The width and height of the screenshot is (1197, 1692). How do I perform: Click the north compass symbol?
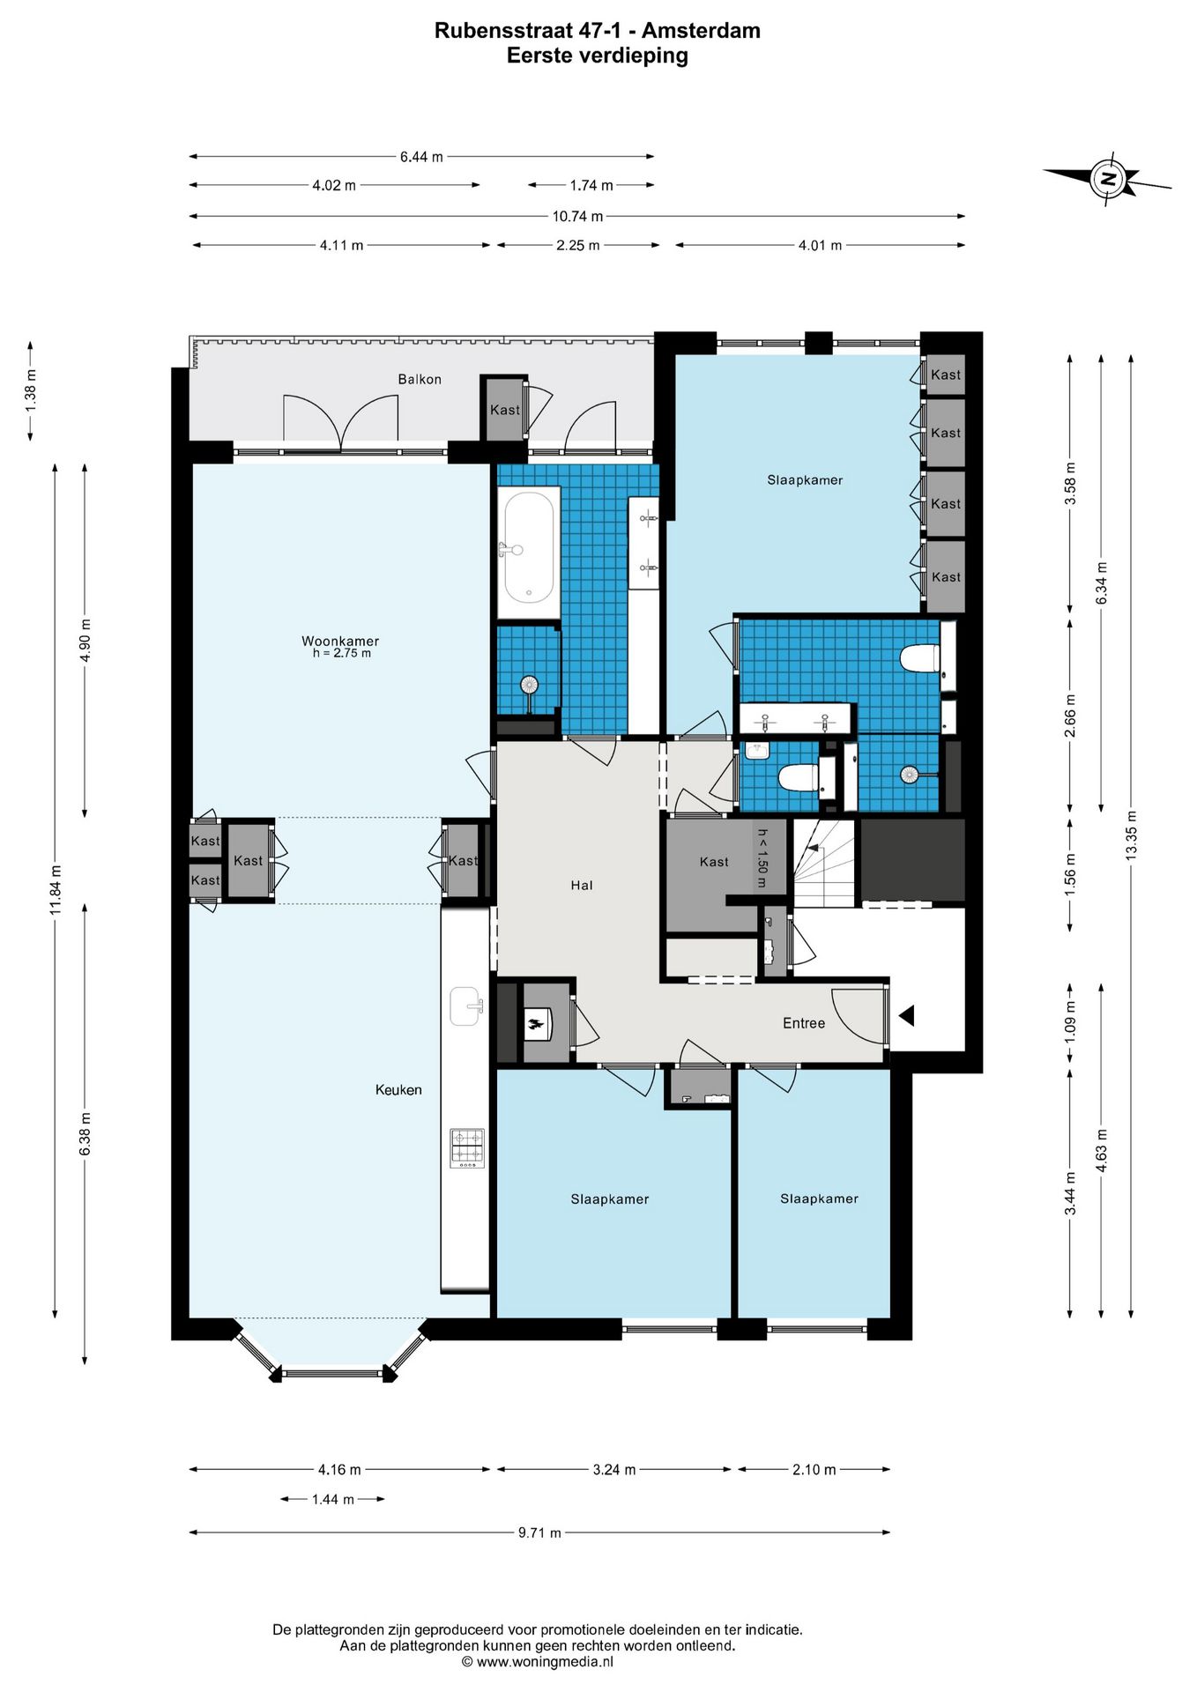click(1108, 179)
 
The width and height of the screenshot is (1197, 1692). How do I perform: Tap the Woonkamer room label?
click(340, 641)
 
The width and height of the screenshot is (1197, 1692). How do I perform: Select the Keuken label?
click(398, 1090)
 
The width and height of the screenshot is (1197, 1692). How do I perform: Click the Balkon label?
click(420, 379)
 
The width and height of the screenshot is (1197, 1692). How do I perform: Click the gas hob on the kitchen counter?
click(467, 1148)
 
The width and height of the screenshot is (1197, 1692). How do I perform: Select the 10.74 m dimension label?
click(577, 216)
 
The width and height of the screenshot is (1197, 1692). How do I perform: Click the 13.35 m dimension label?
click(1132, 835)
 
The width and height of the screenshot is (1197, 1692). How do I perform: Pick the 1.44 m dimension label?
click(332, 1499)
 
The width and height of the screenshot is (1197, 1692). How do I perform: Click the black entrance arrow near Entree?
click(906, 1016)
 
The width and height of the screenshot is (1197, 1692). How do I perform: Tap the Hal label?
click(582, 885)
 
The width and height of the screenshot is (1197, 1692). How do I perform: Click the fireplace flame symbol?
click(535, 1024)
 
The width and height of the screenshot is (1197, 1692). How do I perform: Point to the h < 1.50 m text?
click(762, 857)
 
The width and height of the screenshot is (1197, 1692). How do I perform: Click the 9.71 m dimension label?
click(539, 1532)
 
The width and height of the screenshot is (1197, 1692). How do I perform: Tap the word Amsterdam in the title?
click(701, 31)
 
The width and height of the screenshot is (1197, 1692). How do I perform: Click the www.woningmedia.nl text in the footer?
click(545, 1662)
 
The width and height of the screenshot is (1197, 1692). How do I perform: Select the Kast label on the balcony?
click(505, 410)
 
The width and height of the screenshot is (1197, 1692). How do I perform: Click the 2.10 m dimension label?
click(814, 1469)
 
